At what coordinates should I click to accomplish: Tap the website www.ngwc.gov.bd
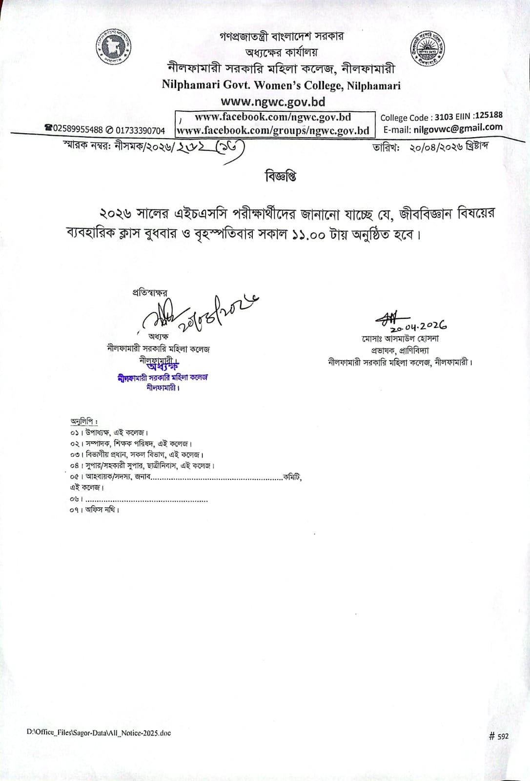[273, 102]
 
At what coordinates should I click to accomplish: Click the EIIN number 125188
[489, 115]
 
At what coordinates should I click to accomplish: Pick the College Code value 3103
[444, 117]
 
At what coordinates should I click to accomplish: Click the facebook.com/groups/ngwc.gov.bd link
[273, 130]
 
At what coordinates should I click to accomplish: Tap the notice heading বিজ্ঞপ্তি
[281, 176]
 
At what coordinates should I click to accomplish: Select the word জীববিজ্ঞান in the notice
[426, 213]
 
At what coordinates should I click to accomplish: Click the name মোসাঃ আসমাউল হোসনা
[400, 338]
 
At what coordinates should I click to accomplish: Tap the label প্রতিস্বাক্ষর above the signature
[150, 293]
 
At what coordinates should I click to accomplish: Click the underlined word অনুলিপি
[83, 421]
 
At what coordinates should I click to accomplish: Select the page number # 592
[498, 736]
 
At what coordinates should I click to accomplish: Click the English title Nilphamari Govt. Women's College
[281, 85]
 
